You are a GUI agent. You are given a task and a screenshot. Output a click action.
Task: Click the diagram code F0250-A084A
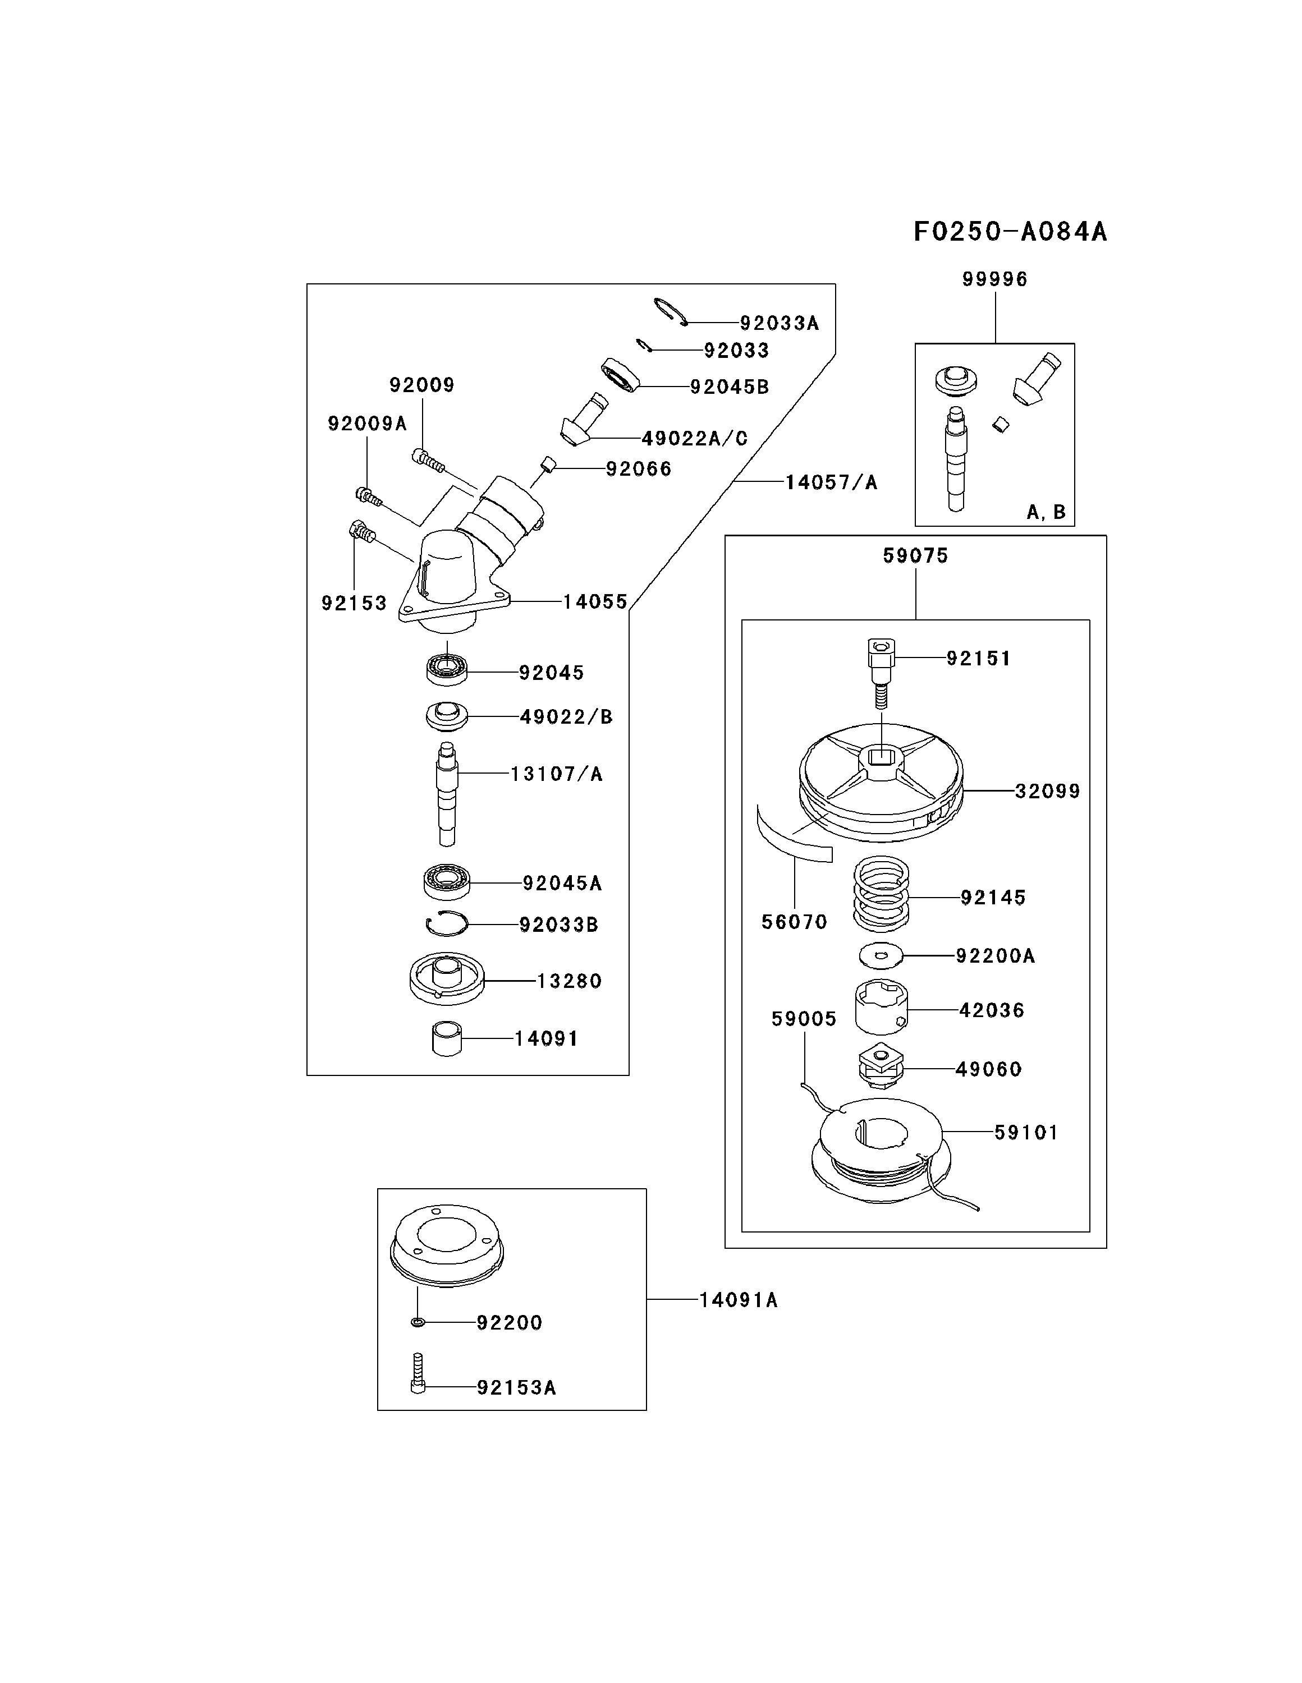[1010, 231]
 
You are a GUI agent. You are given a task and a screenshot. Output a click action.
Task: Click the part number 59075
[915, 555]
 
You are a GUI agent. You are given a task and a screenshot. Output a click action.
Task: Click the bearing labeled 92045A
[447, 881]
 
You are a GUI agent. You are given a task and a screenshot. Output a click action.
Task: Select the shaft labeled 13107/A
[446, 794]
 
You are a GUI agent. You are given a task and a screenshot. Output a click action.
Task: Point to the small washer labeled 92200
[417, 1322]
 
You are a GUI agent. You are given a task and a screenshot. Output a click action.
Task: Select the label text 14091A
[738, 1300]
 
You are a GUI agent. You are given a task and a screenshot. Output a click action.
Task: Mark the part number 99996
[994, 279]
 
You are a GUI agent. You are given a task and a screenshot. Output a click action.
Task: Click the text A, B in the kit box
[1046, 512]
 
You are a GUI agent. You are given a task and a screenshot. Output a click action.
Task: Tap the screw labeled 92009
[429, 460]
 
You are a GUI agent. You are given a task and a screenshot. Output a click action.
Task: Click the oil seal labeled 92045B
[621, 375]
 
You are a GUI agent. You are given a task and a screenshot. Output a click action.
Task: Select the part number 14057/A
[831, 482]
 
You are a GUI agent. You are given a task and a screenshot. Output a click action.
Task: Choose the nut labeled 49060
[881, 1066]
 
